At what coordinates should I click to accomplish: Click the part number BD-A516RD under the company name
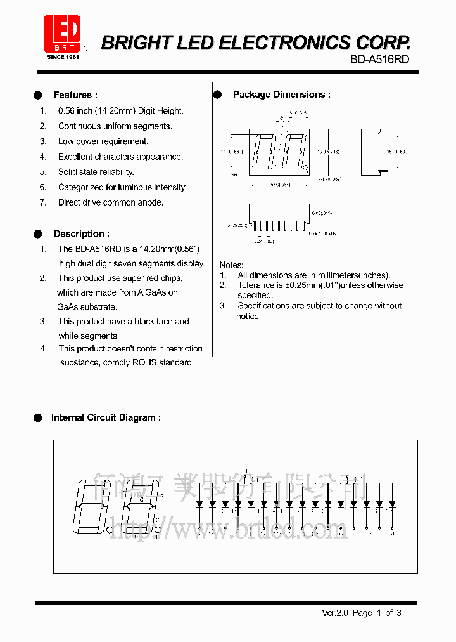(x=380, y=59)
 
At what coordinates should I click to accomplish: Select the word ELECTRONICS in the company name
(x=286, y=43)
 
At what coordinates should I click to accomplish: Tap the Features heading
(x=75, y=95)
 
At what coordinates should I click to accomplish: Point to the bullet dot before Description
(x=37, y=233)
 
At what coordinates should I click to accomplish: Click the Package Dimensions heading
(x=281, y=95)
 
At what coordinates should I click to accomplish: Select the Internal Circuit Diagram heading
(x=106, y=417)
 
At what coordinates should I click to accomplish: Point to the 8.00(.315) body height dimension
(x=322, y=213)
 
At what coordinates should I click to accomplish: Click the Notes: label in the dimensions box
(x=232, y=265)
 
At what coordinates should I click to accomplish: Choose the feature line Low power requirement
(x=103, y=141)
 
